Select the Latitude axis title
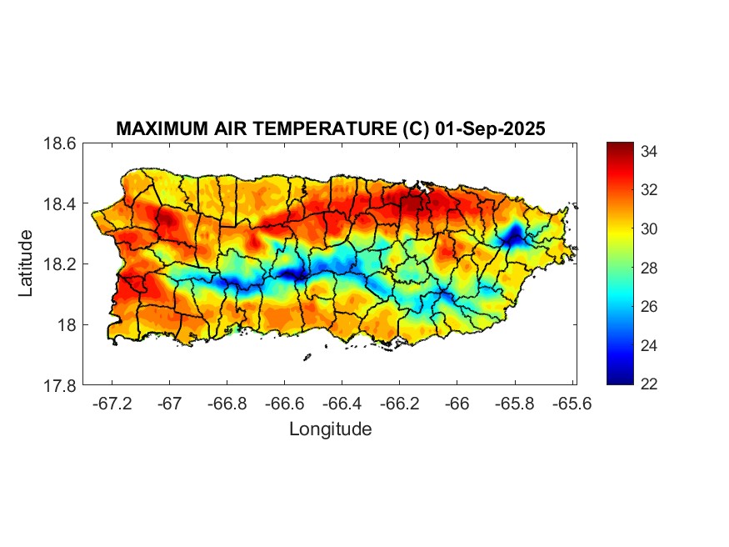coord(27,263)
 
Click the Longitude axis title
coord(330,429)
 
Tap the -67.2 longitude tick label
coord(113,404)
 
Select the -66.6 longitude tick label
coord(285,404)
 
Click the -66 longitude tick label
coord(457,404)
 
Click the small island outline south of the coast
coord(307,357)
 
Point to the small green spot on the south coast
coord(236,329)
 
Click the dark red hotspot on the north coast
coord(414,200)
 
